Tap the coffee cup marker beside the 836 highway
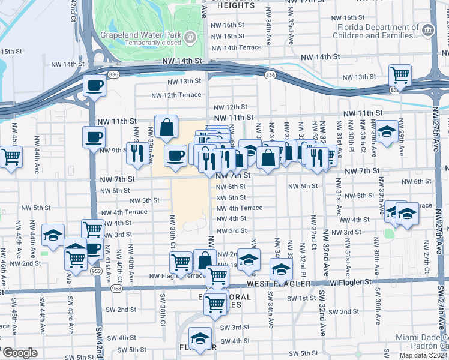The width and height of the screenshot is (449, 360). click(x=95, y=85)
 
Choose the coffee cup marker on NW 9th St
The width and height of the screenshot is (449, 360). click(x=93, y=138)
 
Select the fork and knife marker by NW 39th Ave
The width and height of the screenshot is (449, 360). click(x=135, y=154)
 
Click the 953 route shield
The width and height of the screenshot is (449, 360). click(x=96, y=271)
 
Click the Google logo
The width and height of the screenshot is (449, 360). click(x=20, y=352)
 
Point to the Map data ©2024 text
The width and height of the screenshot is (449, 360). click(x=423, y=355)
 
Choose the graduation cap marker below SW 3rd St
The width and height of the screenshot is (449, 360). click(x=200, y=338)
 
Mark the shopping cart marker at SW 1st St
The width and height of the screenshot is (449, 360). click(x=215, y=303)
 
